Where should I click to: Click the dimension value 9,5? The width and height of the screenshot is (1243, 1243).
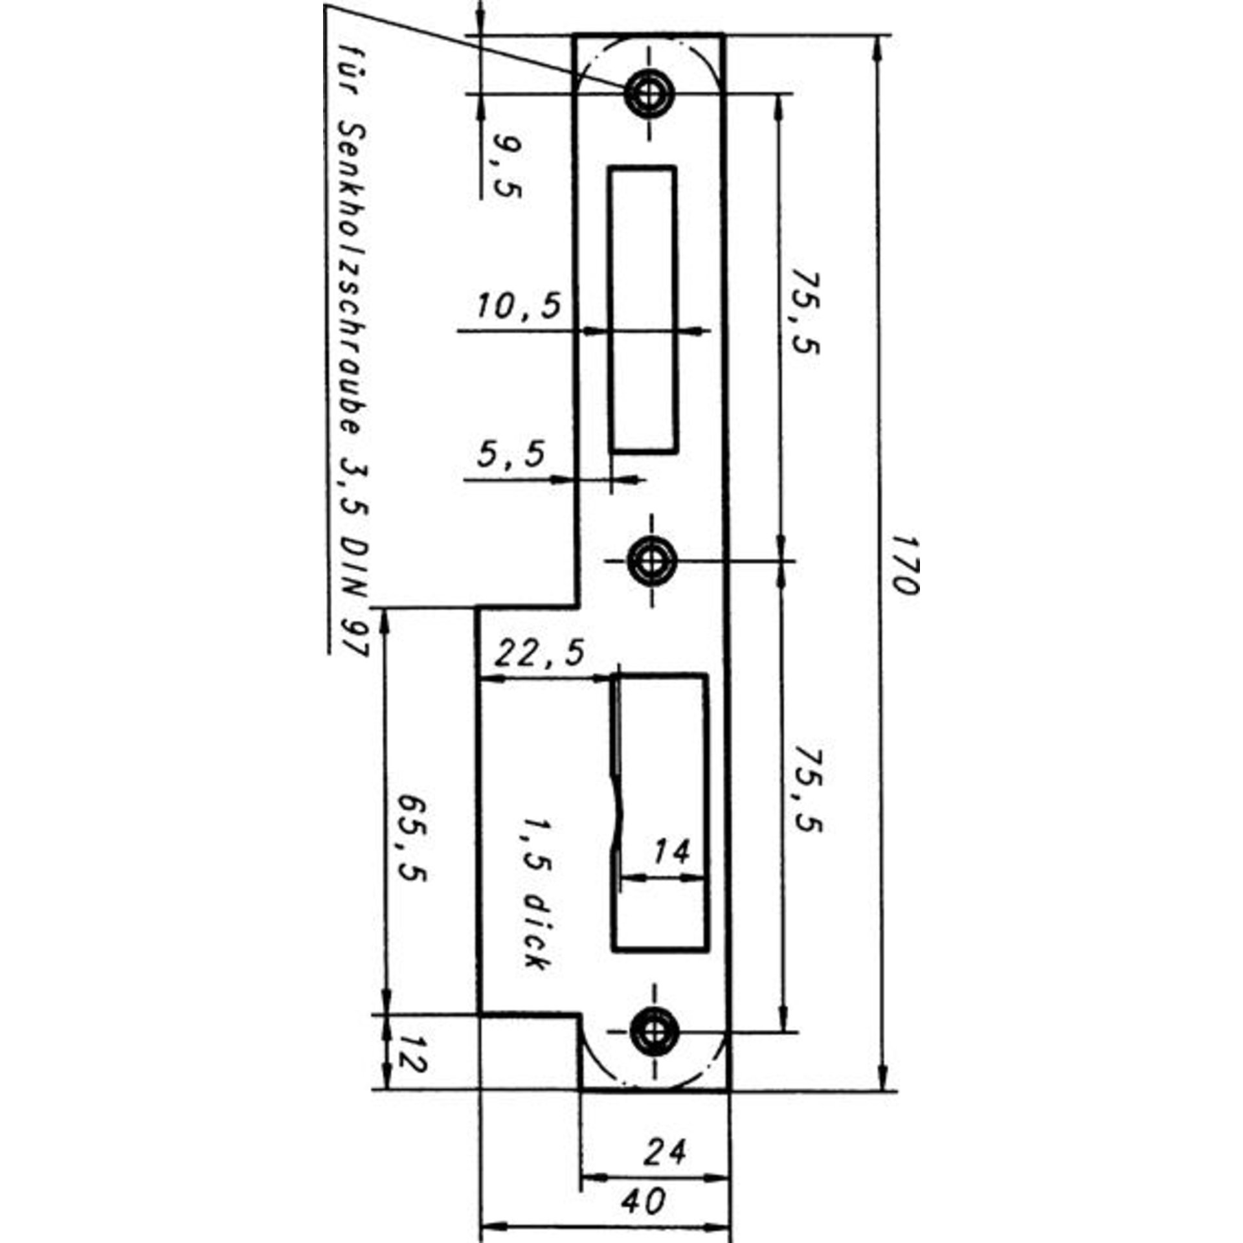tap(507, 166)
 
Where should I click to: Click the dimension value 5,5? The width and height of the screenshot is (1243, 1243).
tap(511, 454)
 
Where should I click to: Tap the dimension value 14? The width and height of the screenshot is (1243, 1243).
tap(671, 852)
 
